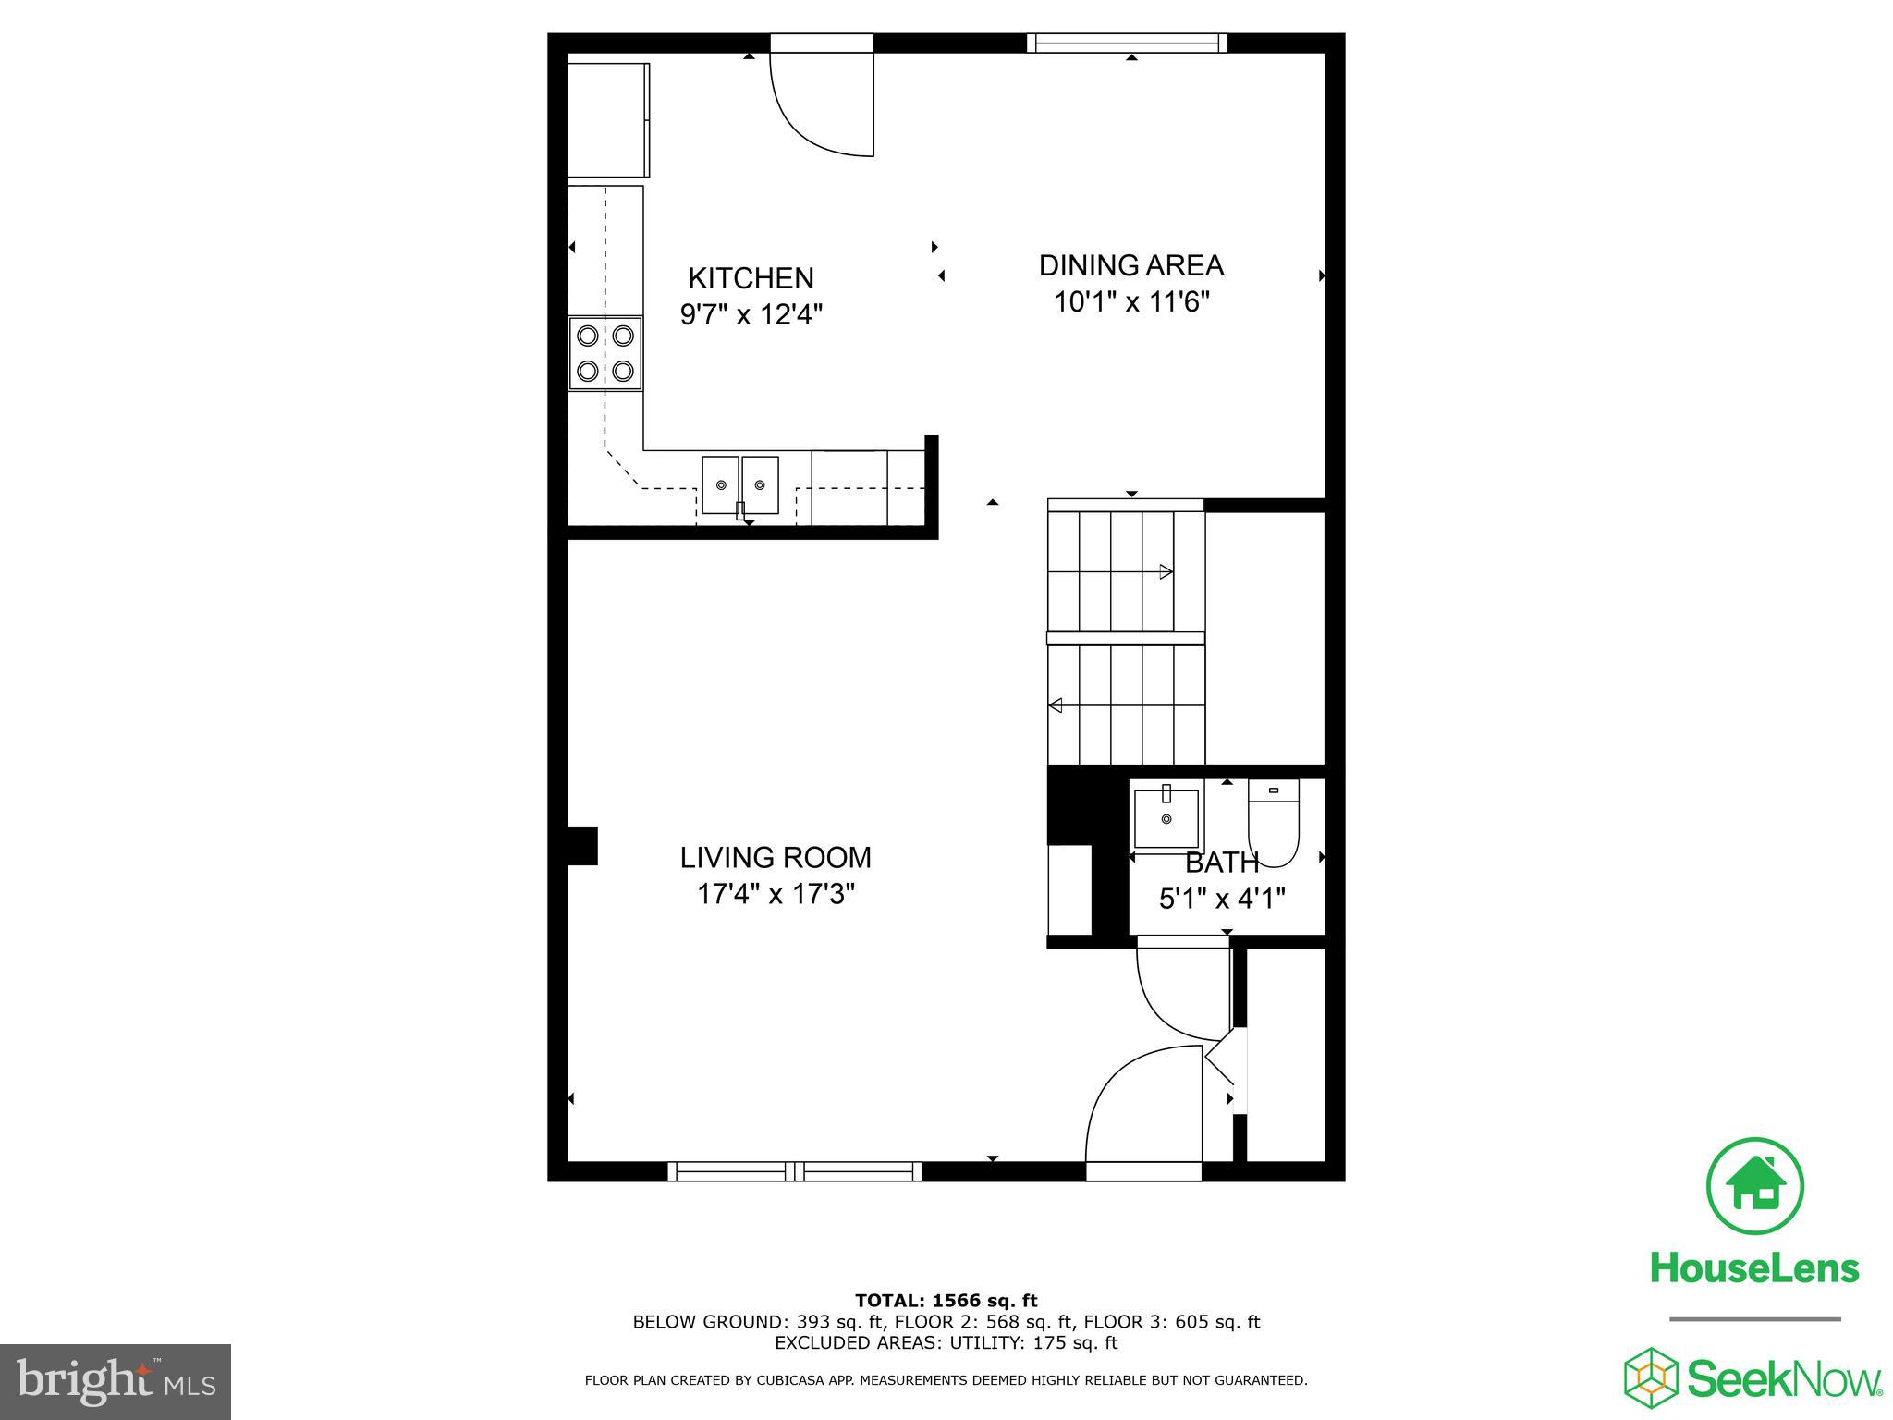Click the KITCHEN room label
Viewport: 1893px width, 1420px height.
[x=751, y=278]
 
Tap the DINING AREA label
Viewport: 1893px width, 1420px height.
[x=1130, y=266]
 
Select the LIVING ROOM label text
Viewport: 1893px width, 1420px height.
[x=776, y=858]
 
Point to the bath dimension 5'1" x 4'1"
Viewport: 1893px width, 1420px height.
[x=1222, y=899]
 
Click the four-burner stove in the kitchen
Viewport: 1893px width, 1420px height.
[x=605, y=353]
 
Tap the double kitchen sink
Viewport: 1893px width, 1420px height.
[x=739, y=484]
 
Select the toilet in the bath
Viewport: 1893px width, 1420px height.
[x=1273, y=820]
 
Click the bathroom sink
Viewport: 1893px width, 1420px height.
[x=1166, y=817]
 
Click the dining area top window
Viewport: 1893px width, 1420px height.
[x=1127, y=43]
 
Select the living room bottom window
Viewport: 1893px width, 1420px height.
[x=794, y=1171]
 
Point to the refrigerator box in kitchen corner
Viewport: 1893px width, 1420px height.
[x=607, y=119]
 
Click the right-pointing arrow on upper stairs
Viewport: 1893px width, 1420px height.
[x=1166, y=571]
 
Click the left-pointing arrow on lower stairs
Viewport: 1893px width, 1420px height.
[x=1056, y=705]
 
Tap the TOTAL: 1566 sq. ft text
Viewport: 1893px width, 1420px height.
[x=946, y=1302]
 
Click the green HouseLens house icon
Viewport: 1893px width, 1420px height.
[x=1753, y=1187]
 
